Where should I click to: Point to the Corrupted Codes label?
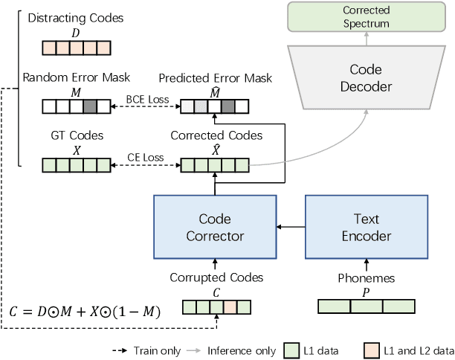[216, 277]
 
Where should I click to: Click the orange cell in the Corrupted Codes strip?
[230, 306]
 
